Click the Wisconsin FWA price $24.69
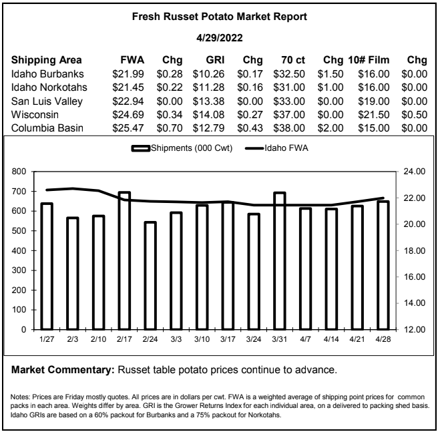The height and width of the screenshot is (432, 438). click(x=128, y=115)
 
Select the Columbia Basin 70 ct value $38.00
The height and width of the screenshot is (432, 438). click(x=289, y=128)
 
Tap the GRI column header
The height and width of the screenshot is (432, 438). click(x=215, y=60)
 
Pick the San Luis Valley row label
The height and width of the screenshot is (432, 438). click(x=47, y=101)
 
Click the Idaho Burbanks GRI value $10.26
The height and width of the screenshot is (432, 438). click(x=208, y=74)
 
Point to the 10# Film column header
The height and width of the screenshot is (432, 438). click(x=369, y=60)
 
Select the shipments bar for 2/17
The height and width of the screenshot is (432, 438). click(x=124, y=260)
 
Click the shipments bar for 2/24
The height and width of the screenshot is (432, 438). click(x=150, y=276)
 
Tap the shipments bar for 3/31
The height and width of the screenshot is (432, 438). click(x=279, y=261)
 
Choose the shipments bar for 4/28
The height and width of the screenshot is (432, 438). click(x=383, y=265)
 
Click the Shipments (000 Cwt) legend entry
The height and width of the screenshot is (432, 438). click(x=182, y=148)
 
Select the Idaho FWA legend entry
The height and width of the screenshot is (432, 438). click(x=276, y=148)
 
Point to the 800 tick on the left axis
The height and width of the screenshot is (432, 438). click(x=19, y=172)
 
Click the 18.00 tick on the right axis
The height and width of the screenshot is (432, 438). click(x=414, y=250)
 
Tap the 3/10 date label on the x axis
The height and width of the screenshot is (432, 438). click(x=202, y=339)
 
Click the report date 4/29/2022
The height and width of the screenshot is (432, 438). click(x=219, y=37)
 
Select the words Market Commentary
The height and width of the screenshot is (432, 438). click(x=63, y=370)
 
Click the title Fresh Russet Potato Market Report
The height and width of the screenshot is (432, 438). click(x=219, y=17)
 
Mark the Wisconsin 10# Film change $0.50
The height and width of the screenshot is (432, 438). click(x=414, y=115)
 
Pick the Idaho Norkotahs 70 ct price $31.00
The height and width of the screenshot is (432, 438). click(x=289, y=87)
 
